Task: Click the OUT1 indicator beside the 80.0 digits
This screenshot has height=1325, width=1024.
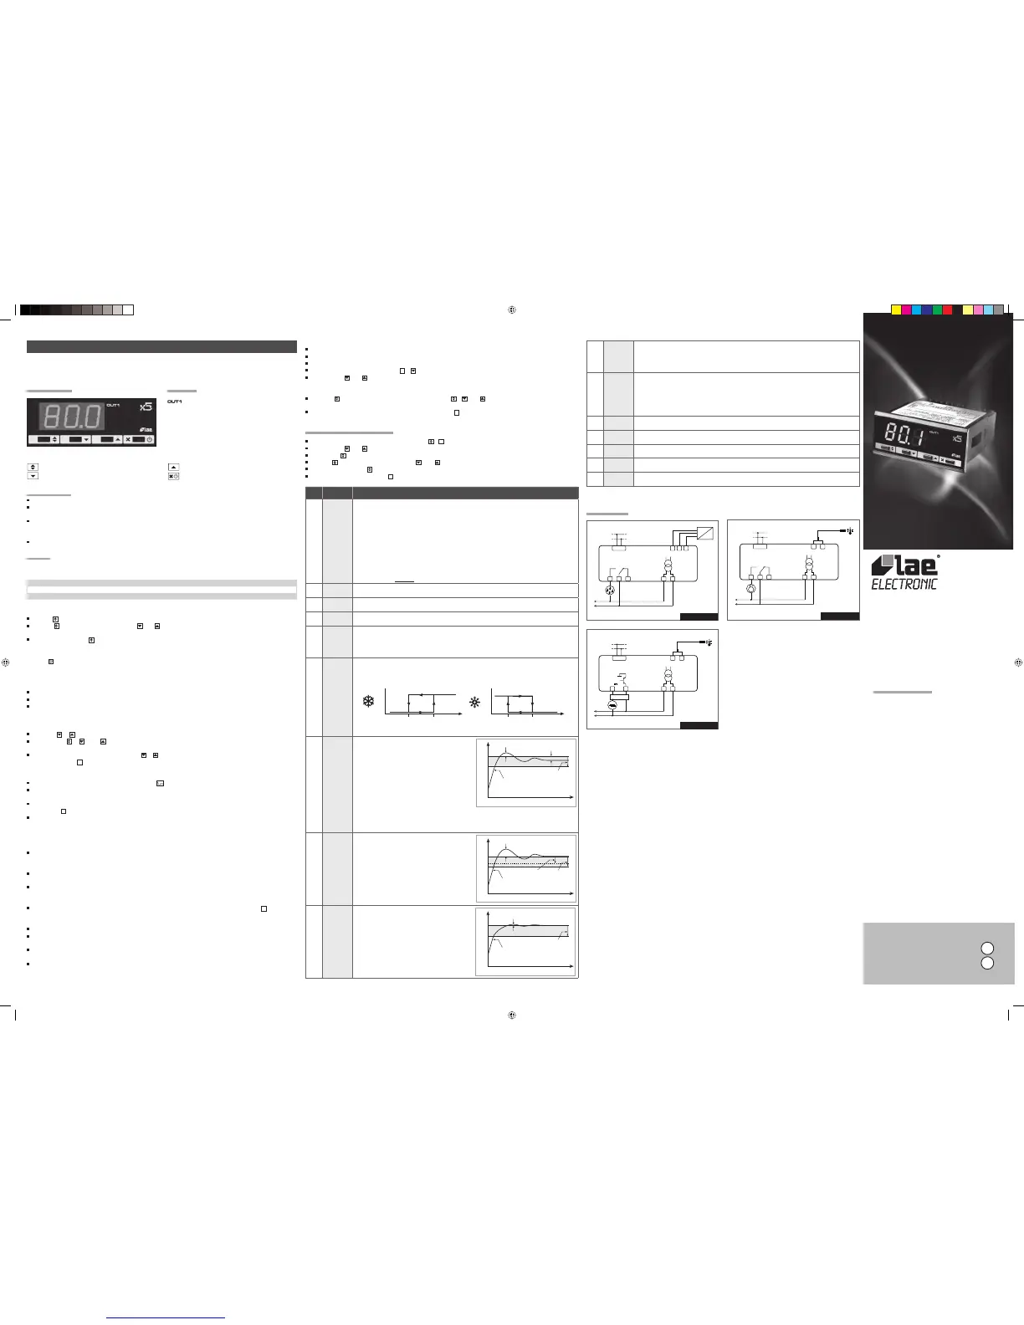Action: click(x=115, y=405)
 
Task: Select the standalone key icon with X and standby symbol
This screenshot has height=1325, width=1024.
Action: click(x=173, y=476)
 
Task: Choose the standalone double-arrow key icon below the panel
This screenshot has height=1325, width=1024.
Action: click(x=33, y=467)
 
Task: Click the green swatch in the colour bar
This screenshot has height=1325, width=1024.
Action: click(x=937, y=310)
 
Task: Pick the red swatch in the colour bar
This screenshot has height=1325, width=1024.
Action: click(x=947, y=310)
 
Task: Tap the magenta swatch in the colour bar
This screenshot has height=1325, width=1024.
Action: click(x=906, y=310)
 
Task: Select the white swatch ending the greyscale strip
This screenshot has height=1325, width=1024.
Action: click(x=128, y=310)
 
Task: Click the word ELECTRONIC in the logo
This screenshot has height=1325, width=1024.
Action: click(x=904, y=584)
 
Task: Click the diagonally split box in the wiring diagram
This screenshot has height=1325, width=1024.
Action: click(x=704, y=533)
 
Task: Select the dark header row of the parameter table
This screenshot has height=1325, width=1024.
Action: click(x=442, y=493)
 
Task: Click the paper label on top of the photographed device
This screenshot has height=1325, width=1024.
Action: click(x=929, y=402)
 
